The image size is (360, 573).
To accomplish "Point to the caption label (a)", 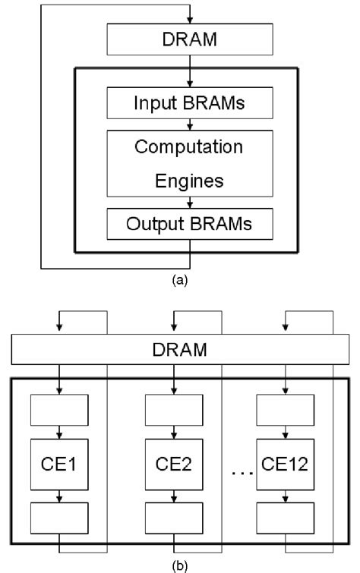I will [x=179, y=280].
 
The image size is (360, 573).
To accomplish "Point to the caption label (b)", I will [x=180, y=565].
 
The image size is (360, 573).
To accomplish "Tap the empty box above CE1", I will [x=59, y=412].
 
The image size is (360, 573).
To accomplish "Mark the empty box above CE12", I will [x=286, y=412].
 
